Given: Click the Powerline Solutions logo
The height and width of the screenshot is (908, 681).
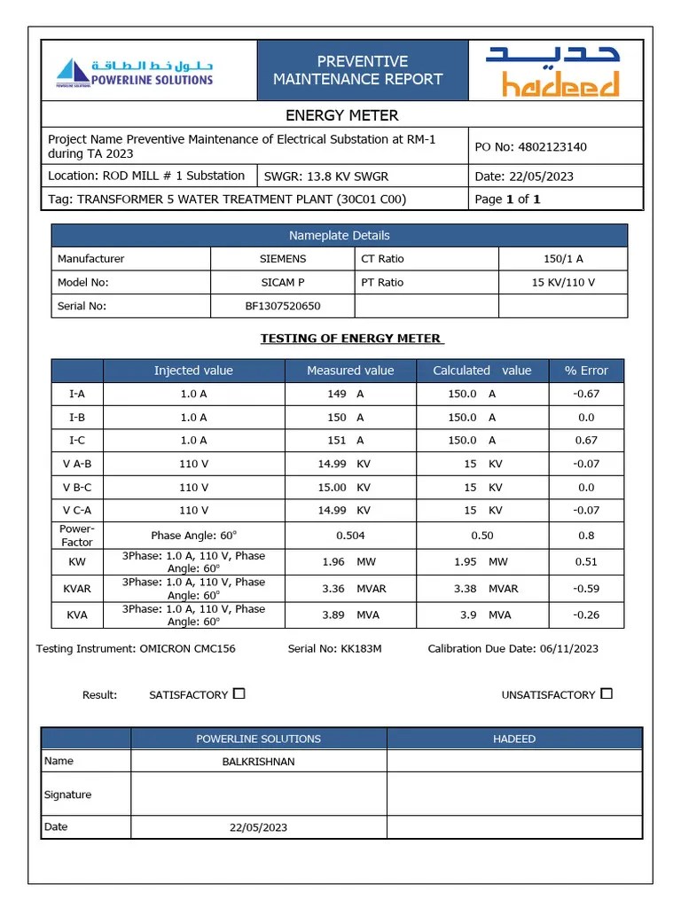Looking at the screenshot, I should [x=135, y=72].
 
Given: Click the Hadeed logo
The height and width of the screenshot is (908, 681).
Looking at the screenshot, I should [x=552, y=72].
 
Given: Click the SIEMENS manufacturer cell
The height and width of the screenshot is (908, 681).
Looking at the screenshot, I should [x=282, y=259].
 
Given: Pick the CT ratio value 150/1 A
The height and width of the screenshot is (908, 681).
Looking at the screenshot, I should [x=563, y=259].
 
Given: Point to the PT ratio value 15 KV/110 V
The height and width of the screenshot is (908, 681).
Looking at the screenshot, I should [x=563, y=283].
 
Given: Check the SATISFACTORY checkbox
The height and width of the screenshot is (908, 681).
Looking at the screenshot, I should [x=239, y=694].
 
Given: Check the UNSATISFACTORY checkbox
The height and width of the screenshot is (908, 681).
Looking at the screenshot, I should [x=607, y=694].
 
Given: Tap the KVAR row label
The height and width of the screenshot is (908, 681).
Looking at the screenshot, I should [x=77, y=589].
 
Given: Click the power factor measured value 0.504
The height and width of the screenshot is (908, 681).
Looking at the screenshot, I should [x=350, y=536].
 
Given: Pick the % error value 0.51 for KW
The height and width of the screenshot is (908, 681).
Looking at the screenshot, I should [x=586, y=561].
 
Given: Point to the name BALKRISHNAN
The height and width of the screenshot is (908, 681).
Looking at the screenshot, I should [x=258, y=761].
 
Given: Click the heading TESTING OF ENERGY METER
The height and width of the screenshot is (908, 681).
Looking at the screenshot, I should [x=352, y=339].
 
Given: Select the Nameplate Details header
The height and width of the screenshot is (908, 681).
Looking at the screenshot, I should [x=339, y=236].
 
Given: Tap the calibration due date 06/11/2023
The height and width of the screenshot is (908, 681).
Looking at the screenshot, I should [x=567, y=649].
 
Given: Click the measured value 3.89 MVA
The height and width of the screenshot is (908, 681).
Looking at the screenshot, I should [x=350, y=614].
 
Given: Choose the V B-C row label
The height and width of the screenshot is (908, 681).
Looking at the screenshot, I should [x=77, y=488].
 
